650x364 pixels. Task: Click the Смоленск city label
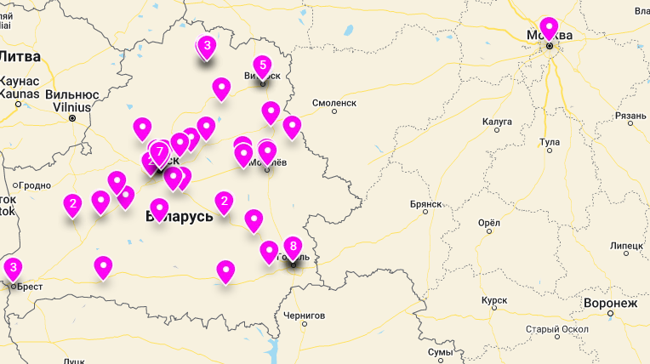click(334, 102)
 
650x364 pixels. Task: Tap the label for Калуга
click(497, 122)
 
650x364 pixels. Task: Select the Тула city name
click(550, 141)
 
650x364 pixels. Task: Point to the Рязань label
click(630, 115)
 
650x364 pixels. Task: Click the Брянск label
click(425, 204)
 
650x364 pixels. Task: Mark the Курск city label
click(493, 301)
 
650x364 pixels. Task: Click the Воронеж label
click(610, 303)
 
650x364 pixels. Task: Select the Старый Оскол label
click(557, 329)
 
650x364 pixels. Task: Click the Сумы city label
click(440, 351)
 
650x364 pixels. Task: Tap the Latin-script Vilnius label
click(71, 107)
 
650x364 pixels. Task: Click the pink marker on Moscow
click(549, 28)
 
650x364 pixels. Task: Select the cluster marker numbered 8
click(292, 247)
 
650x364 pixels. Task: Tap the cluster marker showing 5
click(262, 65)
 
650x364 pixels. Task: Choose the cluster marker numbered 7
click(159, 151)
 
